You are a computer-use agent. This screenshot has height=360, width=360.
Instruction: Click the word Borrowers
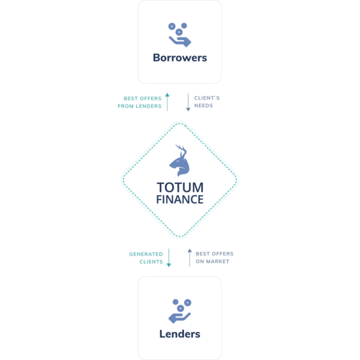(180, 58)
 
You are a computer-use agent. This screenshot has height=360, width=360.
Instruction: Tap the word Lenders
(180, 334)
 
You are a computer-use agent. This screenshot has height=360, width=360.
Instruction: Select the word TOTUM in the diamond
(180, 187)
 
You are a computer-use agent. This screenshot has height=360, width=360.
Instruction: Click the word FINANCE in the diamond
(180, 200)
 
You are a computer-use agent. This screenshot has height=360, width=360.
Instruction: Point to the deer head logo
(180, 161)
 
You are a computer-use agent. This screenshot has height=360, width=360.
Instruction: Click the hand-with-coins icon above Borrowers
(179, 35)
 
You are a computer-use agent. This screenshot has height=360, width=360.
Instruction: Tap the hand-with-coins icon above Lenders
(180, 311)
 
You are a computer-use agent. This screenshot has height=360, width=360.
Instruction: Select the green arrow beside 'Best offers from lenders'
(168, 102)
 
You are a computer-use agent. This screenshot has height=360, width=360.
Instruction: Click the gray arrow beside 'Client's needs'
(188, 102)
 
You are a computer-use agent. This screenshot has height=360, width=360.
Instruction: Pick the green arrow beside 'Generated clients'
(169, 258)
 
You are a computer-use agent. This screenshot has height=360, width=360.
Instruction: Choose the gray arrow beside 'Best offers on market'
(190, 258)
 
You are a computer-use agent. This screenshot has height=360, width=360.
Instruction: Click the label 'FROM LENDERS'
(139, 106)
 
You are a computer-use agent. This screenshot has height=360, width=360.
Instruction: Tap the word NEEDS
(204, 105)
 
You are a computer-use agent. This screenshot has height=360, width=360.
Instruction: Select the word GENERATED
(146, 254)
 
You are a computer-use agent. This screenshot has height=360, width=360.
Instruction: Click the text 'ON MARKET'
(212, 261)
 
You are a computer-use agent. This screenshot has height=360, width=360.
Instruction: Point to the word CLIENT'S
(207, 98)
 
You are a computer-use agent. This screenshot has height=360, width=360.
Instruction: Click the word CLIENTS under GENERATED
(151, 262)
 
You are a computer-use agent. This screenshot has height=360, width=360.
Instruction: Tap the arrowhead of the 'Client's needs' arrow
(188, 109)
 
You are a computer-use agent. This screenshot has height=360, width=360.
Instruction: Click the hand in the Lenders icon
(179, 318)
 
